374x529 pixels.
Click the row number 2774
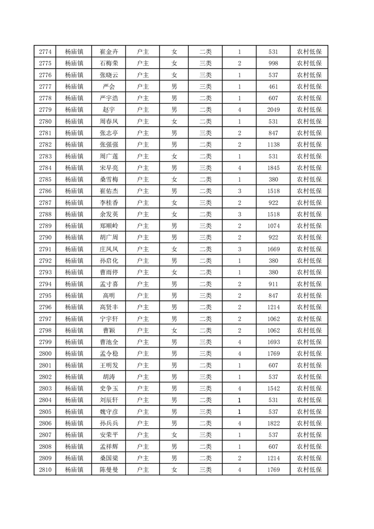pyautogui.click(x=45, y=52)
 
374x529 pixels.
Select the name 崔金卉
pyautogui.click(x=109, y=52)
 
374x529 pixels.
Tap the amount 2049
pyautogui.click(x=274, y=110)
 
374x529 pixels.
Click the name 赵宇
pyautogui.click(x=109, y=110)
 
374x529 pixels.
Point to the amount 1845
pyautogui.click(x=274, y=168)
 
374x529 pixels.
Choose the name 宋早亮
pyautogui.click(x=109, y=168)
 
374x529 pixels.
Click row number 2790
pyautogui.click(x=45, y=237)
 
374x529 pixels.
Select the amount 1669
pyautogui.click(x=274, y=249)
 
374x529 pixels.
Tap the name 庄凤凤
pyautogui.click(x=109, y=249)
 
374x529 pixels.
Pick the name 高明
pyautogui.click(x=109, y=295)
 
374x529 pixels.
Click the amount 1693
pyautogui.click(x=274, y=341)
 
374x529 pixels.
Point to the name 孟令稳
pyautogui.click(x=109, y=353)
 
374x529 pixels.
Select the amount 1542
pyautogui.click(x=274, y=388)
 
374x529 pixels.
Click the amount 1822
pyautogui.click(x=274, y=423)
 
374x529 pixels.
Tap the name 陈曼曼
pyautogui.click(x=109, y=469)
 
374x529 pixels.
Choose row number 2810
pyautogui.click(x=45, y=469)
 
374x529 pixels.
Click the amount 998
pyautogui.click(x=274, y=64)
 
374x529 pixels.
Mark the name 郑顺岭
pyautogui.click(x=109, y=226)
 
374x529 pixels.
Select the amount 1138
pyautogui.click(x=274, y=145)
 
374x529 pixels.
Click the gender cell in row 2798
pyautogui.click(x=174, y=330)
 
